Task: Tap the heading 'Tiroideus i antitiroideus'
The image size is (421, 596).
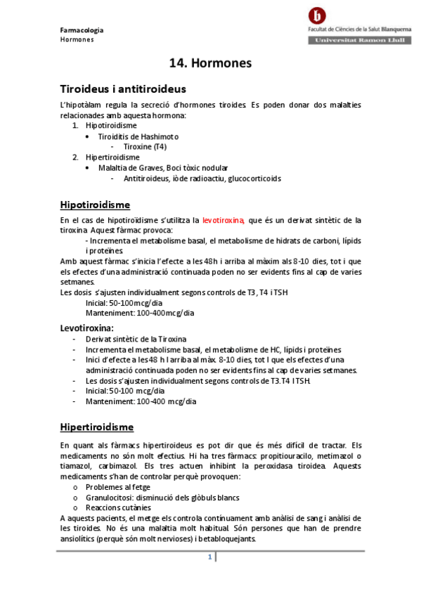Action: click(x=123, y=89)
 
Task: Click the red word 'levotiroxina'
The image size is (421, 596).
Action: click(x=223, y=220)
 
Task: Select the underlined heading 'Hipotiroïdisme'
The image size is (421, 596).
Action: click(x=95, y=205)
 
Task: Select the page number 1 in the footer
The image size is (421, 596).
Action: click(x=209, y=557)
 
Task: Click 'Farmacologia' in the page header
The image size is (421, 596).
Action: click(x=82, y=30)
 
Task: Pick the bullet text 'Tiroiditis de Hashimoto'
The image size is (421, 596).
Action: click(x=138, y=136)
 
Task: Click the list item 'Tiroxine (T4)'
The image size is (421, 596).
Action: click(x=145, y=146)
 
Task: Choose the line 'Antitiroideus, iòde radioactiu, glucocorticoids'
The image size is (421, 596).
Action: click(x=202, y=179)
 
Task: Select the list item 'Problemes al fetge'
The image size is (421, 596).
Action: click(x=117, y=486)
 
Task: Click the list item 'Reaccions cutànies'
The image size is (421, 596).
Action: click(x=118, y=507)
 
